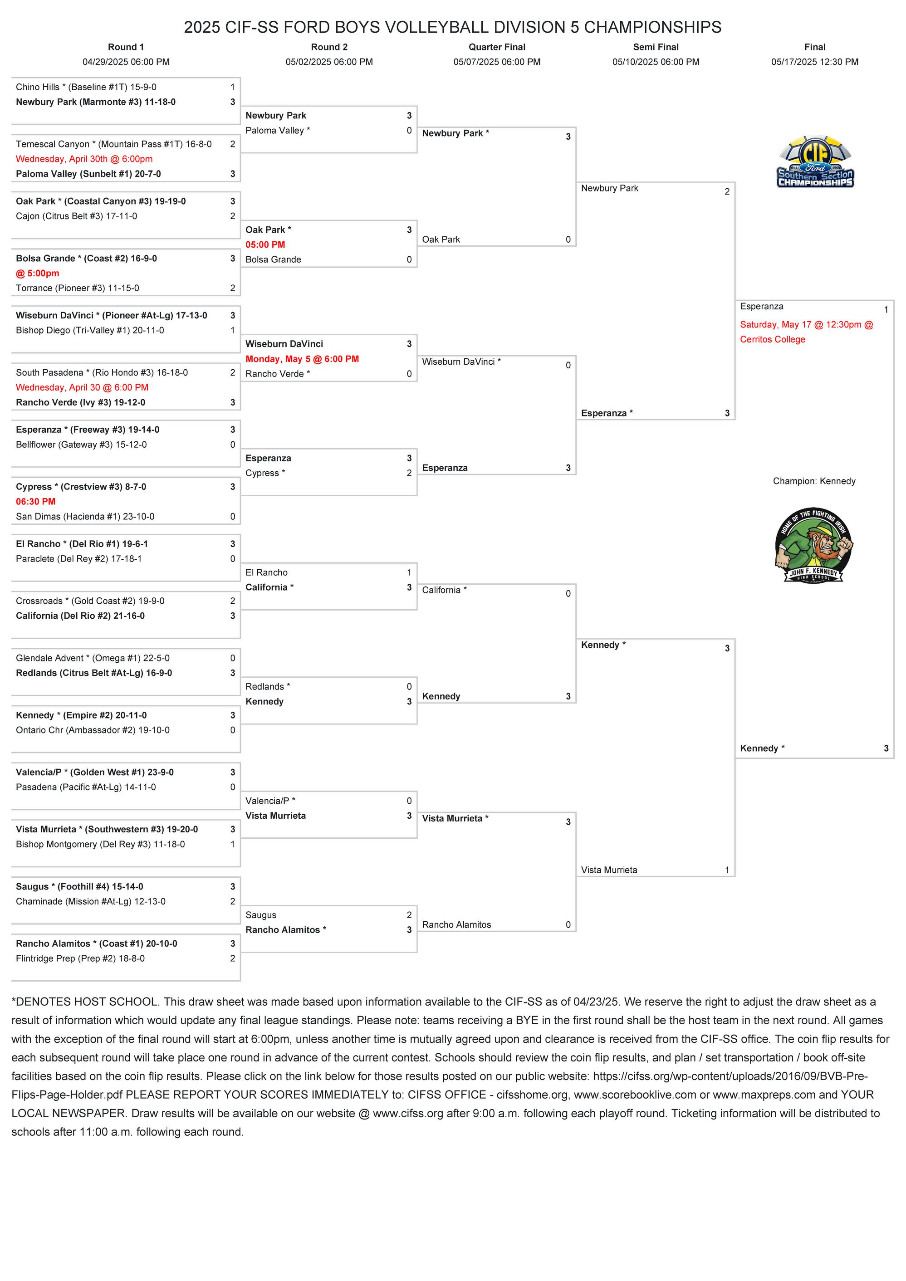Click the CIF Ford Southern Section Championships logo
[815, 162]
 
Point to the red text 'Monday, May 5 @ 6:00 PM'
[302, 359]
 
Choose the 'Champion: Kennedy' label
[814, 481]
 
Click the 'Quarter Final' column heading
[496, 47]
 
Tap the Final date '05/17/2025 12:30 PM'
[814, 62]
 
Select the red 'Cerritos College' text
[772, 339]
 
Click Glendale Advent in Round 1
[93, 658]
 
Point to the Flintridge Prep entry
[80, 958]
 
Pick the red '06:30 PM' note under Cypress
[36, 502]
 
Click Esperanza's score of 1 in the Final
[886, 310]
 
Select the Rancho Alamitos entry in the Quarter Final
[456, 924]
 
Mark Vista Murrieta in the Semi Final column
[609, 870]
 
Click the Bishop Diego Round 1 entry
[90, 330]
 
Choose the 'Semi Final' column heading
[656, 47]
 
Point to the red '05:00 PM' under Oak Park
[265, 244]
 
